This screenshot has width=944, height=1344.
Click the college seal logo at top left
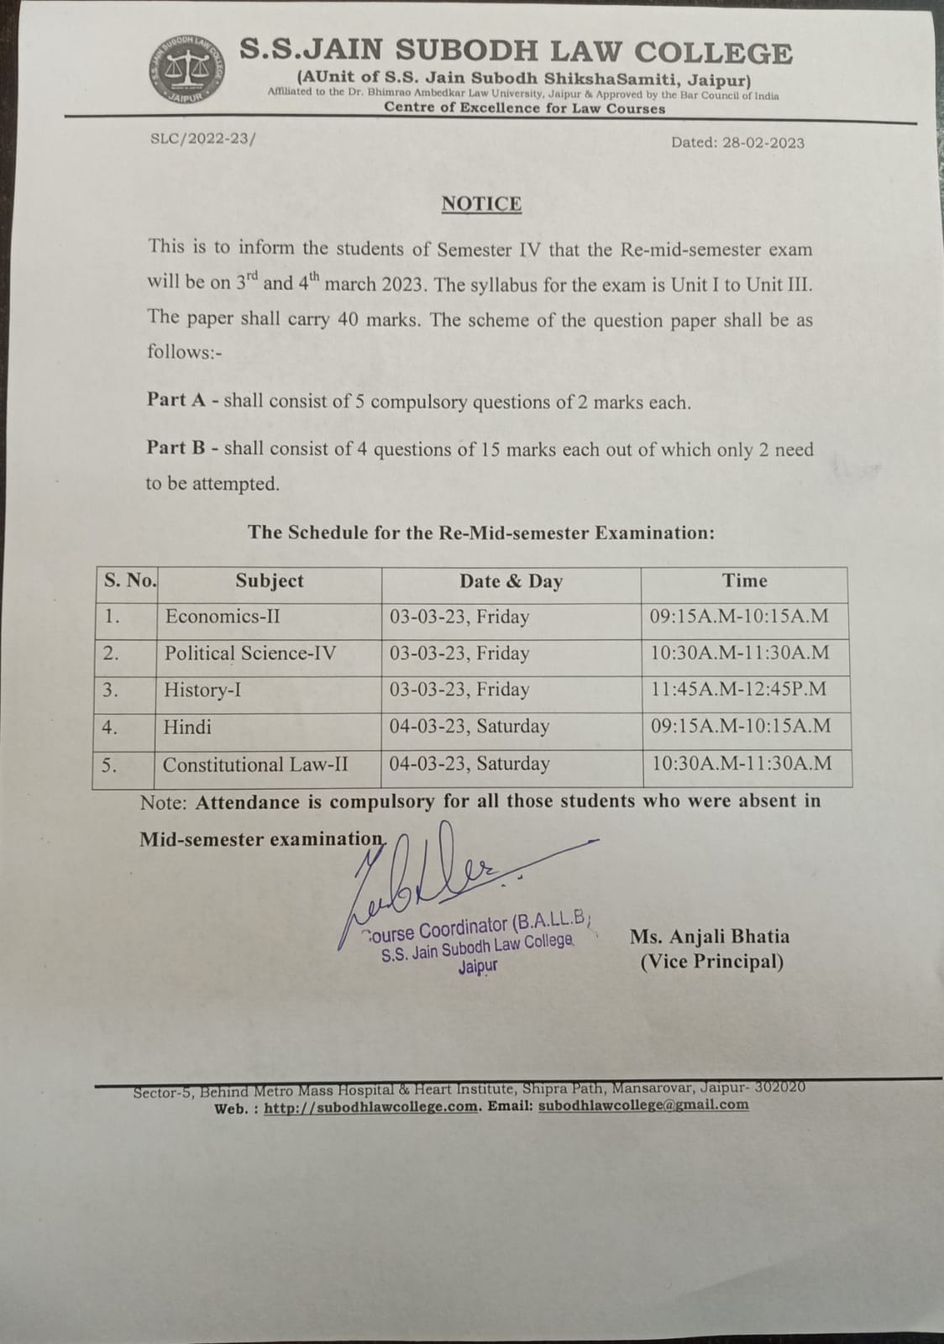(x=186, y=71)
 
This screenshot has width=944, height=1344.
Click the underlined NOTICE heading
(x=481, y=204)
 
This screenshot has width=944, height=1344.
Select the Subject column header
(x=269, y=581)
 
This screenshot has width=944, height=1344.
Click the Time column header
(x=745, y=580)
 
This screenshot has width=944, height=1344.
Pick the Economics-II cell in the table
(x=223, y=617)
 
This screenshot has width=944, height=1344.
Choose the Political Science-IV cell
(x=250, y=653)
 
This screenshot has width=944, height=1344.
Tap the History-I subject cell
(x=202, y=690)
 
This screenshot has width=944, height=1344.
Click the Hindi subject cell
(x=187, y=727)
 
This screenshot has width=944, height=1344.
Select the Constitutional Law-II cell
(x=255, y=764)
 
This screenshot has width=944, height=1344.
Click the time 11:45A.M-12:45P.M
(x=738, y=690)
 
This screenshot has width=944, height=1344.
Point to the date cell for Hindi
(x=469, y=727)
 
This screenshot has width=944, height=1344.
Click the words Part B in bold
(x=176, y=448)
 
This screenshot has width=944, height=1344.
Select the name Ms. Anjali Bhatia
(x=710, y=936)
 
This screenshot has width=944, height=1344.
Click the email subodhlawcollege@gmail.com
(x=643, y=1105)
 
